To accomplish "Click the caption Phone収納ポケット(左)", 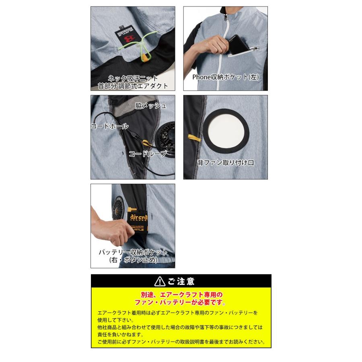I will pos(226,77).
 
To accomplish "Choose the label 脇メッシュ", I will pos(151,106).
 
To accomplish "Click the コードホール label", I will pos(110,126).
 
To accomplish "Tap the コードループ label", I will pos(147,154).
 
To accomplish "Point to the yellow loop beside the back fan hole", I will pos(194,138).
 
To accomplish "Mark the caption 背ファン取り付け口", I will pos(226,163).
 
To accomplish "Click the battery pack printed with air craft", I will pos(139,223).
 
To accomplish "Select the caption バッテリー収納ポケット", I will pos(133,252).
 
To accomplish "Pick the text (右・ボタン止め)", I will pos(133,260).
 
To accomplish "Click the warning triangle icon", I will pos(160,281).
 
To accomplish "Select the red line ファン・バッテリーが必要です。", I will pos(181,302).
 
